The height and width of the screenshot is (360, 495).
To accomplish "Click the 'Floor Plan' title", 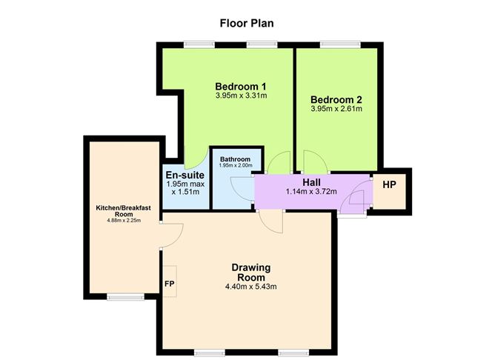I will coord(247,23).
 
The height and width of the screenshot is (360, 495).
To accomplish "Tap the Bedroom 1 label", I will coord(241,84).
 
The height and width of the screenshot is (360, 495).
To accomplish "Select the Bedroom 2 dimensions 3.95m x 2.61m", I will coord(336,110).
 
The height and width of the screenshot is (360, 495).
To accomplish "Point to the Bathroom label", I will coord(235,159).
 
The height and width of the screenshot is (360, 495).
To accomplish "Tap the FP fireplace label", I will coord(170,284).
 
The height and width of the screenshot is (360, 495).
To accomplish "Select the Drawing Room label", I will coord(250,272).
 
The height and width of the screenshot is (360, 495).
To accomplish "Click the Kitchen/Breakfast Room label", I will coord(123,212).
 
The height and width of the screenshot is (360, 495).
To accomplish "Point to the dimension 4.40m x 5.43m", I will coord(251,287).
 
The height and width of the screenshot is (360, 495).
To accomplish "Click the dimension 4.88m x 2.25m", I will coord(123,221).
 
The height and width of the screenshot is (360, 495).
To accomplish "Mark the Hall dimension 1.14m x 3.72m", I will coord(311,192).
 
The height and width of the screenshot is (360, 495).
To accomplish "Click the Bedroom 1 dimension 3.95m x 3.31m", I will coord(241,96).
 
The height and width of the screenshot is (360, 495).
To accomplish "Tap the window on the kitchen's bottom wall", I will coord(125,297).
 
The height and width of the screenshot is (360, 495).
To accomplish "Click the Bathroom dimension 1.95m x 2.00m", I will coord(235,166).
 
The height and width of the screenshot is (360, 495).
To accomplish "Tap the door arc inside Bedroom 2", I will coord(311,160).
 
